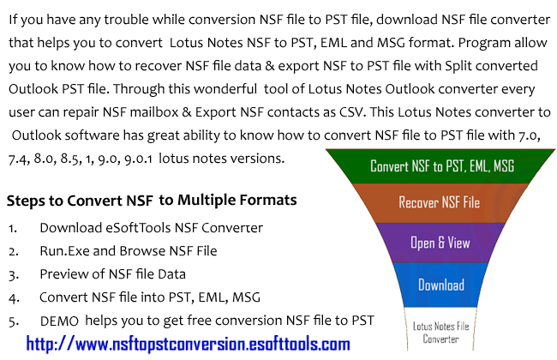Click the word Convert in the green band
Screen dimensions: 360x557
point(391,166)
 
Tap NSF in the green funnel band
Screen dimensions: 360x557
point(427,166)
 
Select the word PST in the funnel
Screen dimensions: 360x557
point(464,166)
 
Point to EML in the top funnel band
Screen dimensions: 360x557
point(488,166)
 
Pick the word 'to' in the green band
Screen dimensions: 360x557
point(446,166)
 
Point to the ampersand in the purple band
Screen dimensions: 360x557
point(440,243)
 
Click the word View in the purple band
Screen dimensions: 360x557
point(458,243)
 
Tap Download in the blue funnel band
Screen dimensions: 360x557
point(440,285)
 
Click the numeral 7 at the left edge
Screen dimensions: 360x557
point(12,159)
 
